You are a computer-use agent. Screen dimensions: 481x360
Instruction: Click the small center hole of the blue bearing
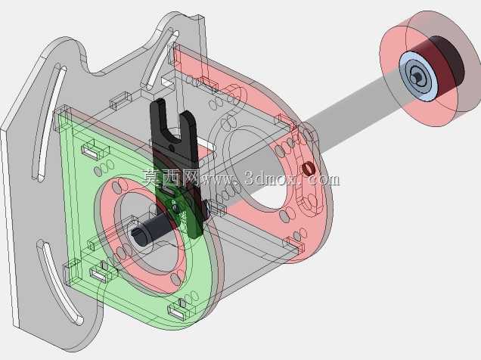pyautogui.click(x=417, y=75)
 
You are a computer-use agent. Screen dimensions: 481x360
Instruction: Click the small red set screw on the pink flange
pyautogui.click(x=307, y=169)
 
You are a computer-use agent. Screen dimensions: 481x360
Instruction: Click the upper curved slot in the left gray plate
pyautogui.click(x=49, y=123)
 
